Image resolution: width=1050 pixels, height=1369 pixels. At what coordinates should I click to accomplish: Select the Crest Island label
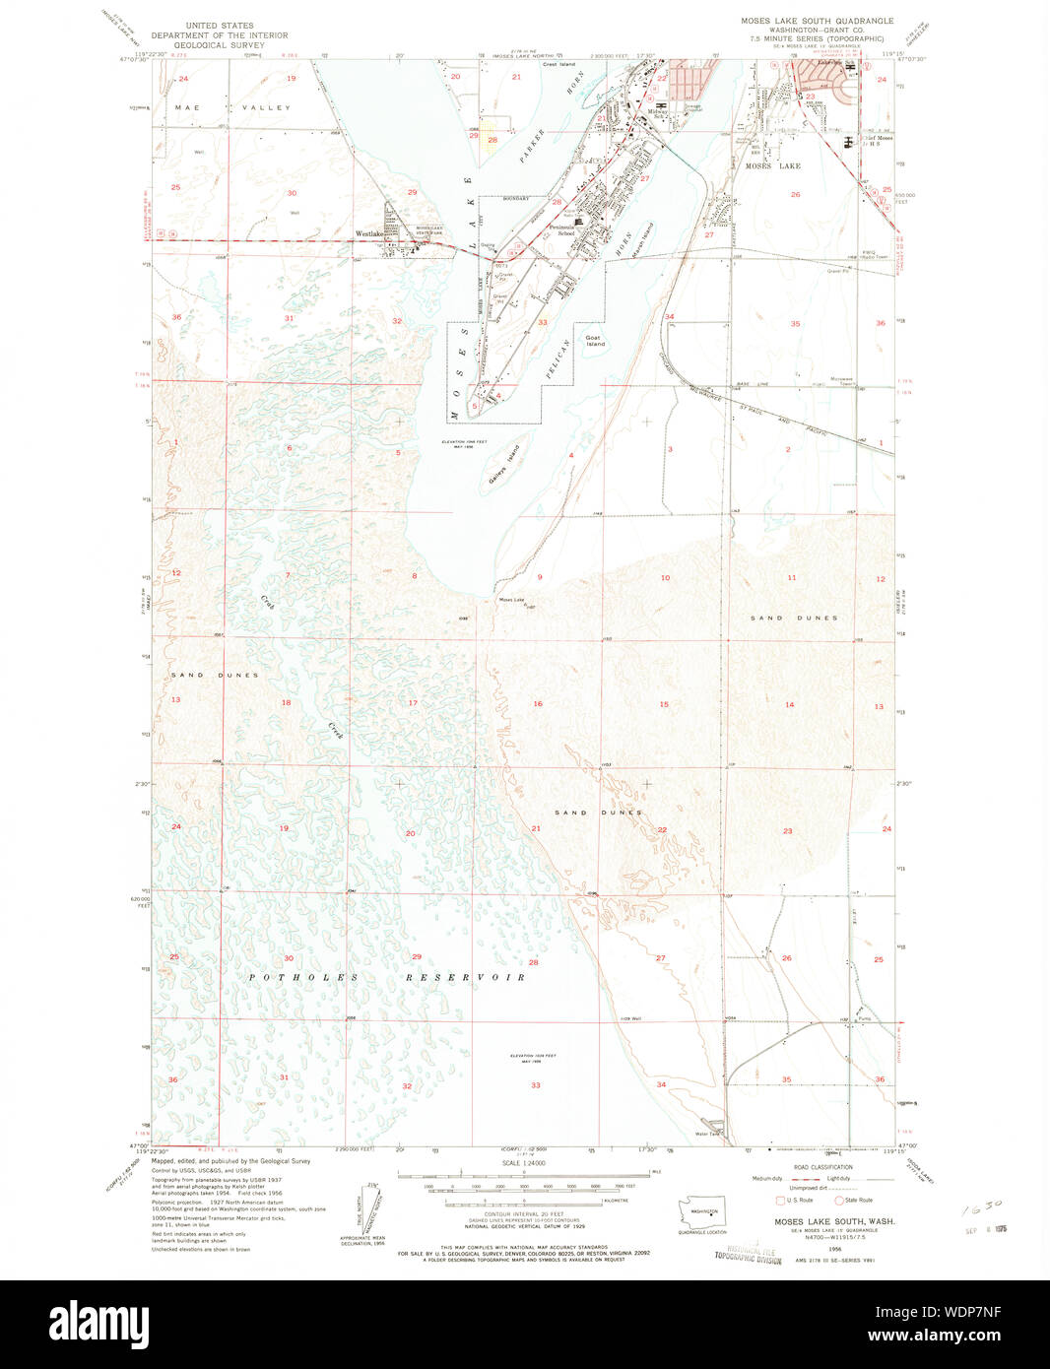(x=558, y=64)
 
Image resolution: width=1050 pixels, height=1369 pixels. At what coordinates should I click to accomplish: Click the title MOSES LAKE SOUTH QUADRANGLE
(x=818, y=21)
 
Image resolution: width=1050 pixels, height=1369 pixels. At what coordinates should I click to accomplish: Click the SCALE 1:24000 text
(x=524, y=1163)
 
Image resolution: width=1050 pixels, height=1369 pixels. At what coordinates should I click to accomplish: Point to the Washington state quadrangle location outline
(x=704, y=1209)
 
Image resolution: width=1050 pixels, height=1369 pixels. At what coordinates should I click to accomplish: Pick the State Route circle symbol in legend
(x=839, y=1200)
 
